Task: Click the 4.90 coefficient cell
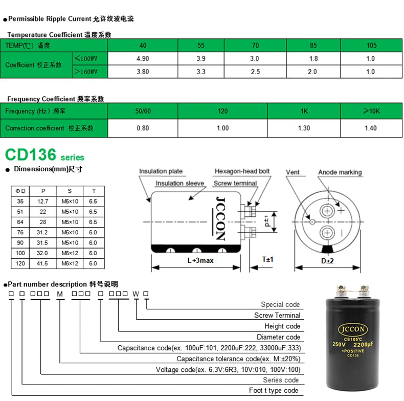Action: tap(143, 59)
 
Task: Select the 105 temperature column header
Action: tap(371, 46)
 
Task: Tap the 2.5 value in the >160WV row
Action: tap(255, 72)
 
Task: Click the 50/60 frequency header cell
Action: tap(143, 111)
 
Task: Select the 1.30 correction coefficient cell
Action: tap(304, 128)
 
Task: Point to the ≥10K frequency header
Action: tap(371, 111)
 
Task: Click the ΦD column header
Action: tap(20, 191)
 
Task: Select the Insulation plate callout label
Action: tap(161, 171)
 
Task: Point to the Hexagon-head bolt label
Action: tap(242, 171)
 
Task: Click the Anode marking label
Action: tap(340, 172)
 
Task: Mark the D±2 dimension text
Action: tap(327, 261)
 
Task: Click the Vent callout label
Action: tap(293, 172)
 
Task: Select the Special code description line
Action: tap(280, 304)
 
